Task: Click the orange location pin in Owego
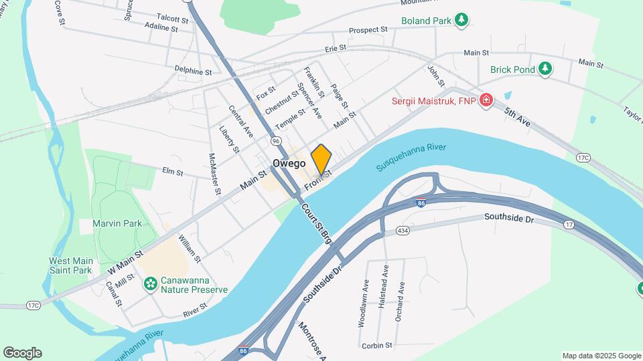click(321, 159)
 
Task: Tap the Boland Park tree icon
click(461, 20)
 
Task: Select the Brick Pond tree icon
click(546, 69)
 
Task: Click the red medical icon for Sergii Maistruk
click(486, 102)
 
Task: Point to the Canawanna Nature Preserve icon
click(151, 284)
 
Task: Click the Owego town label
click(289, 163)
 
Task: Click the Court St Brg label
click(316, 223)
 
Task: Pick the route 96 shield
click(276, 141)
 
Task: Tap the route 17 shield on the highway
click(569, 225)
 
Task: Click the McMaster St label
click(214, 174)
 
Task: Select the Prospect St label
click(368, 30)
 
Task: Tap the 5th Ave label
click(517, 118)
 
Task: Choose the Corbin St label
click(376, 346)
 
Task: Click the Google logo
click(22, 353)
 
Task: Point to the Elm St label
click(172, 172)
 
